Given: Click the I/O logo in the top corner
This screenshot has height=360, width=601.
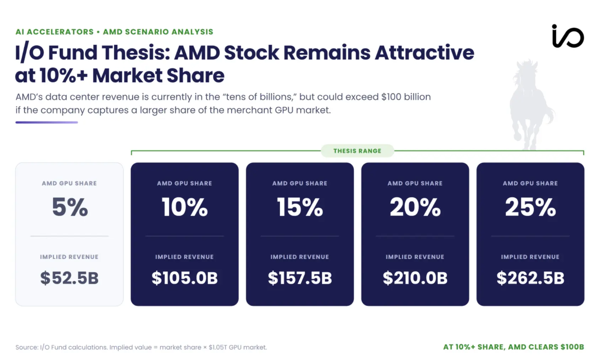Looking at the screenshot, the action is click(x=568, y=36).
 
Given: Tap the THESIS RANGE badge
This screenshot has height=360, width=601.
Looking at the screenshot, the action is click(x=357, y=151).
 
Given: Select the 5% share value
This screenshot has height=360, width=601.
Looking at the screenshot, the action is click(x=70, y=207).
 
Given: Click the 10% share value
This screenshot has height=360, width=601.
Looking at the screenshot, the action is click(x=185, y=207).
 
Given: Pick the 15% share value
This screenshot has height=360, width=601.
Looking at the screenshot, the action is click(x=300, y=207).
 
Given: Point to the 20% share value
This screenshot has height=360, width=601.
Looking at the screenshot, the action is click(x=415, y=207).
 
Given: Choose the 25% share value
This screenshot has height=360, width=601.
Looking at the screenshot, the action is click(x=531, y=207).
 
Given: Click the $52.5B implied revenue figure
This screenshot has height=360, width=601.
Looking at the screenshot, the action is click(x=69, y=278).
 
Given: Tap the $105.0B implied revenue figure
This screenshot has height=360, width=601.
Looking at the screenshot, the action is click(x=185, y=278).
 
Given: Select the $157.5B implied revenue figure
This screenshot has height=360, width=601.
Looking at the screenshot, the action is click(x=300, y=278).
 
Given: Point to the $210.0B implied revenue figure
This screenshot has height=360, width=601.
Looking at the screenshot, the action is click(x=415, y=278).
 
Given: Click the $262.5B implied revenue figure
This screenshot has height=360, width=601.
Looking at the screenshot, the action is click(x=531, y=278).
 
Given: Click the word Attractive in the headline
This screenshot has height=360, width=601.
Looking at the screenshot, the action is click(x=425, y=53).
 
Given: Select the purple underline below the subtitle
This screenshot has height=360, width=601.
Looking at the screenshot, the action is click(x=47, y=122).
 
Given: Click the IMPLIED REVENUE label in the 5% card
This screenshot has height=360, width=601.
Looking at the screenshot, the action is click(x=69, y=257).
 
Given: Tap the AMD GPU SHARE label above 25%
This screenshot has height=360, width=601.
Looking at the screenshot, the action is click(x=531, y=183).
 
